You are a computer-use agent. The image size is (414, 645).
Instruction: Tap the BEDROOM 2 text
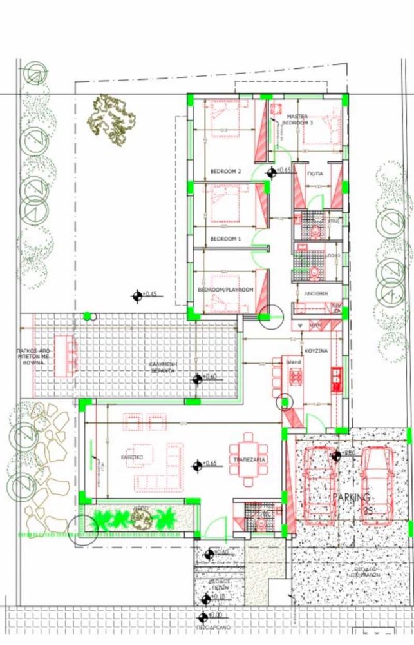[x=225, y=172]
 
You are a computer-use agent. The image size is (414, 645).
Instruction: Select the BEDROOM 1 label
[x=225, y=239]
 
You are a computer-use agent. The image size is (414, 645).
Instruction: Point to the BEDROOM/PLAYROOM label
[x=225, y=290]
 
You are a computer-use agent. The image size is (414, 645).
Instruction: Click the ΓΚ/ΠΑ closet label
[x=315, y=174]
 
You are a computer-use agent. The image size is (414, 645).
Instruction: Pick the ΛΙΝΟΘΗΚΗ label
[x=315, y=292]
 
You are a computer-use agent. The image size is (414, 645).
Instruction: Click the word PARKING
[x=352, y=498]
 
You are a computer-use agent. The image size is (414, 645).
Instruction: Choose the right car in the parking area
[x=377, y=479]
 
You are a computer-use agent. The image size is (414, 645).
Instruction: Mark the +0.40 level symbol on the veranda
[x=196, y=377]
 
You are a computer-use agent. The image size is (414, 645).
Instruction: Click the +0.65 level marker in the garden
[x=137, y=295]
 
